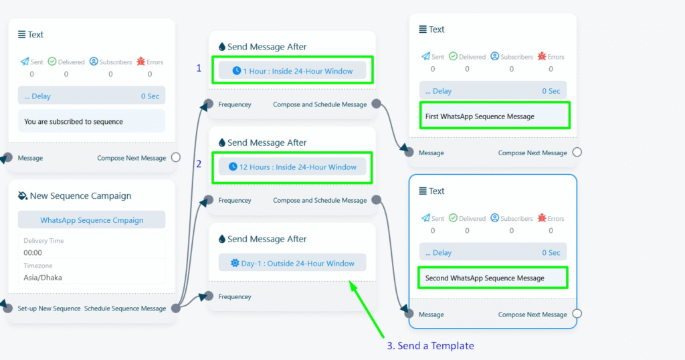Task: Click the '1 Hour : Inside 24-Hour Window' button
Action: point(292,71)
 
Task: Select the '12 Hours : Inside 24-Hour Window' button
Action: point(292,167)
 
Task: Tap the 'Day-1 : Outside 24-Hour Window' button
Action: point(292,263)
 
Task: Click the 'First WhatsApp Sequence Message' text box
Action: point(494,116)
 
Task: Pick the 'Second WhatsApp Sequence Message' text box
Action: point(493,278)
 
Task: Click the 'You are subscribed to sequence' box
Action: point(92,121)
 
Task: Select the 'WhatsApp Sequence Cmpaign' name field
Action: point(92,219)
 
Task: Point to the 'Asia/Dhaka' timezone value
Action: point(43,278)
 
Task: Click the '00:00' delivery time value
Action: point(33,252)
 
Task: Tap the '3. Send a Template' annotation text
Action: point(430,345)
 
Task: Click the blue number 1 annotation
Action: point(199,68)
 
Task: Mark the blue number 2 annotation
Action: point(199,164)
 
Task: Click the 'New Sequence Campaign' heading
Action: point(80,196)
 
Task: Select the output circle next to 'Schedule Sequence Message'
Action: point(176,308)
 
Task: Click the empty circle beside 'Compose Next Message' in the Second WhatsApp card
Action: point(577,314)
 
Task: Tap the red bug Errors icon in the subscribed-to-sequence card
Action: point(140,61)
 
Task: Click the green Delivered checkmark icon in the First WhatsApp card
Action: point(453,56)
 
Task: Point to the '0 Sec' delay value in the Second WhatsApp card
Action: point(551,252)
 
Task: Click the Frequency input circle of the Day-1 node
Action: point(209,296)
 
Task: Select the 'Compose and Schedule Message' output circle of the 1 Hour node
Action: point(376,104)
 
